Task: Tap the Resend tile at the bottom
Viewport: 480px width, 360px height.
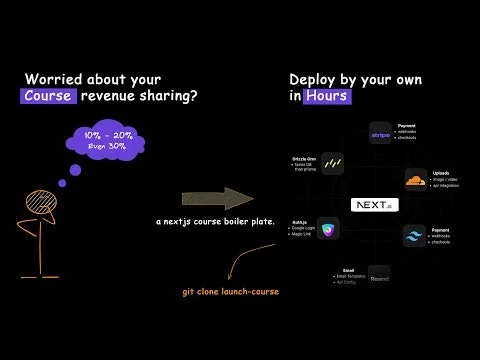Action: pyautogui.click(x=379, y=272)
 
